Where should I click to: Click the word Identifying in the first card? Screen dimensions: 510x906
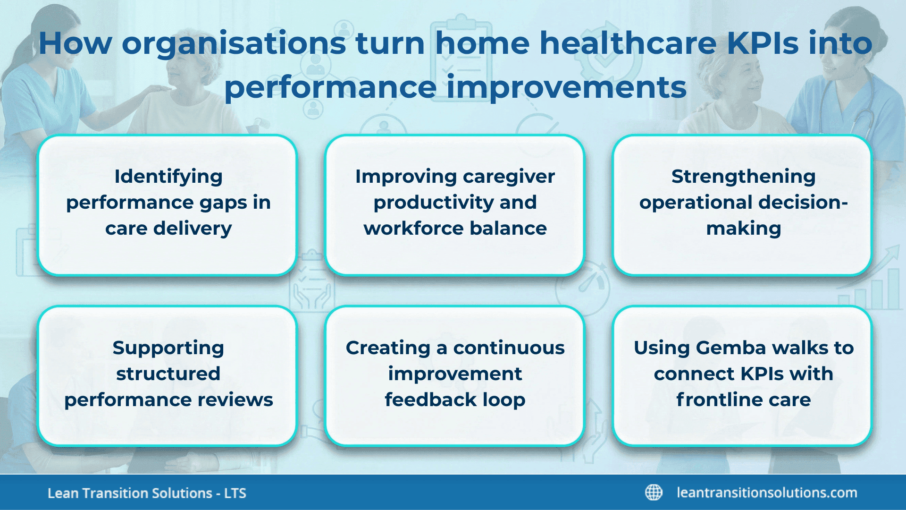(168, 177)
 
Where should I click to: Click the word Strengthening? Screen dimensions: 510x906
(743, 177)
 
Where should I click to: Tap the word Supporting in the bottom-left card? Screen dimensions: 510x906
(168, 348)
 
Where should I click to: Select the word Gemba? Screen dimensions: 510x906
(731, 348)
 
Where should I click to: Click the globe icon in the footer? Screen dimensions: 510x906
(654, 493)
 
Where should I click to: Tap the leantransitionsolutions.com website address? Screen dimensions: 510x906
(767, 493)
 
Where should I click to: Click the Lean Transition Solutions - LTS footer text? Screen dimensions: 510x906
(147, 493)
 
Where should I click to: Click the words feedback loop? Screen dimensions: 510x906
(455, 400)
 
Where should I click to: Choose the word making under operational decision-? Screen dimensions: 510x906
(743, 229)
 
